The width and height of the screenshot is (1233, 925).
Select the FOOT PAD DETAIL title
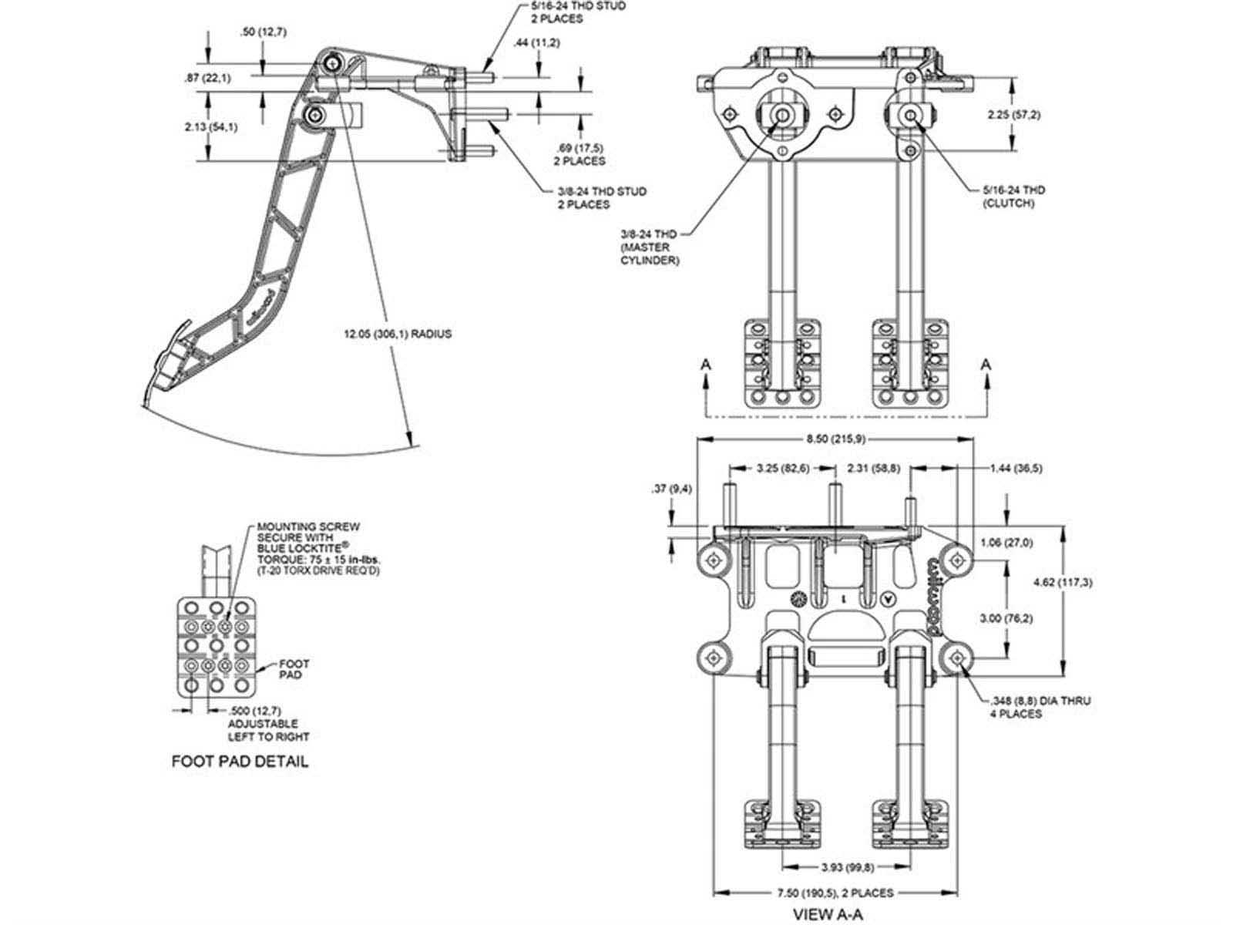tap(240, 762)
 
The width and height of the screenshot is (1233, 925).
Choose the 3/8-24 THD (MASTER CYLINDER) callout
tap(649, 247)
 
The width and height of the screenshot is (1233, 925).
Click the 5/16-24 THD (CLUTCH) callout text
tap(1008, 197)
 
